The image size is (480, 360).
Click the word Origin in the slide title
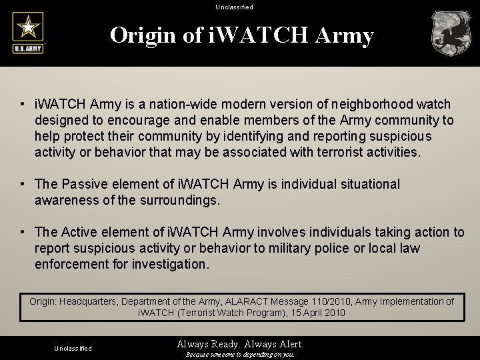click(145, 35)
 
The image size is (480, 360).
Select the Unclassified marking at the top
click(234, 7)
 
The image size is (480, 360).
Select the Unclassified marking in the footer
click(73, 348)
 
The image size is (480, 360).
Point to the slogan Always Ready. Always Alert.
click(240, 344)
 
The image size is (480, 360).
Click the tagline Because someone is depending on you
click(240, 355)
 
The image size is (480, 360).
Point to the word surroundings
click(181, 200)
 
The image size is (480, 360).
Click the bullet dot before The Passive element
click(23, 185)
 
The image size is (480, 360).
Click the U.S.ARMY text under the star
click(27, 48)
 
